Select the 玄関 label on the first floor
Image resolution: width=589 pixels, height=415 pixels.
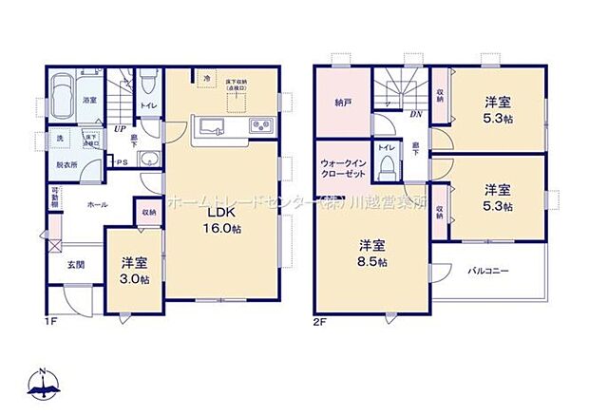(76, 264)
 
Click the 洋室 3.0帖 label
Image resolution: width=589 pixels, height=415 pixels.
(134, 270)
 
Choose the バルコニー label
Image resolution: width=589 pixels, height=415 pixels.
(489, 272)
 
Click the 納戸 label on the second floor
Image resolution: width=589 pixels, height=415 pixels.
(343, 102)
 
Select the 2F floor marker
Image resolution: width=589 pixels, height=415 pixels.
(320, 320)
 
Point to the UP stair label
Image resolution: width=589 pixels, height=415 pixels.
(120, 129)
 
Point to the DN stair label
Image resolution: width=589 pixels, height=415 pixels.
(416, 114)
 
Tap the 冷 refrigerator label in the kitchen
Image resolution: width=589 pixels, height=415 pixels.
(205, 80)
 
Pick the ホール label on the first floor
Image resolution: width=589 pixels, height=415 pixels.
(97, 204)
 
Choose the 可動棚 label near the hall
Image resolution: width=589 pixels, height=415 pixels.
(55, 200)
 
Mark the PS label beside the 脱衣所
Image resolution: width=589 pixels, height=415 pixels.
(121, 162)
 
